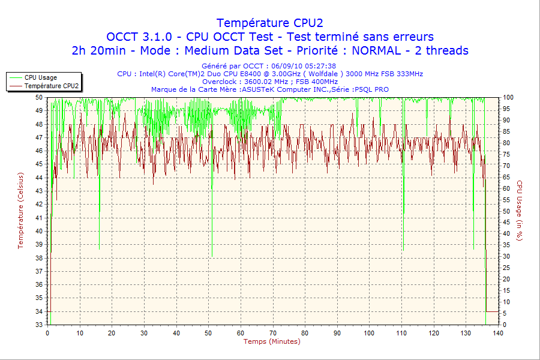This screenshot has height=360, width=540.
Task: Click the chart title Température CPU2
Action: (x=269, y=23)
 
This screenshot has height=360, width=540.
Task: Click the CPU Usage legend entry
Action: (x=40, y=77)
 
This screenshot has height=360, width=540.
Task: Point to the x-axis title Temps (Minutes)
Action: (x=271, y=341)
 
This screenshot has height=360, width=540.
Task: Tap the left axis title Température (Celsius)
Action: (x=20, y=210)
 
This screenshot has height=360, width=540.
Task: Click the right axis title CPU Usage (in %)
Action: (x=520, y=210)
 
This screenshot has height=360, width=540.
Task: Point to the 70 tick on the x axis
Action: (x=273, y=333)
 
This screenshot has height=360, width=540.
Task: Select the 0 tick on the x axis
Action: (x=47, y=333)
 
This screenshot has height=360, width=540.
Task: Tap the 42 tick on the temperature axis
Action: (x=39, y=204)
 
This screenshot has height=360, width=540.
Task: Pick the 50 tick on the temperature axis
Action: (x=39, y=97)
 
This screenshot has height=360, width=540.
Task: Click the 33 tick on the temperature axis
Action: (x=39, y=325)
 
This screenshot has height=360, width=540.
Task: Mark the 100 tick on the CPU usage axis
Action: (x=508, y=97)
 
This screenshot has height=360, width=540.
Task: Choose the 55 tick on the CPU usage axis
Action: (x=506, y=200)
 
